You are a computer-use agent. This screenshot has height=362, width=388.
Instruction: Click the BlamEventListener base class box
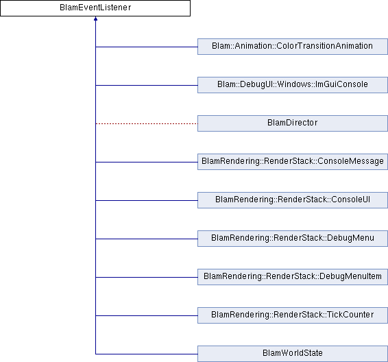[95, 8]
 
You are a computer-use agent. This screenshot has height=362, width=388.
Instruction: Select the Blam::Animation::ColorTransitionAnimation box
[293, 47]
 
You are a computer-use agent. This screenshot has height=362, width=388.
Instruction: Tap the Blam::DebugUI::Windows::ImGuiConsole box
[293, 85]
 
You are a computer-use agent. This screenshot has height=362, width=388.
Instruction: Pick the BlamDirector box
[293, 123]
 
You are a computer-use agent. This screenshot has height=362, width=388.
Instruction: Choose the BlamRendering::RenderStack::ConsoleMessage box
[293, 162]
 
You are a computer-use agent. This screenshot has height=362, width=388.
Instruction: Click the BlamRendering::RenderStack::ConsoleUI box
[293, 200]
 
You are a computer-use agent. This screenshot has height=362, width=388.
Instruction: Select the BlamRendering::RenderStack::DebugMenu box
[293, 239]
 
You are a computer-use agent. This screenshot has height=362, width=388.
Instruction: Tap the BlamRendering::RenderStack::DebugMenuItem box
[293, 277]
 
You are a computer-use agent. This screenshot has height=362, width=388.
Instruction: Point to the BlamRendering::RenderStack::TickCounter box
[293, 315]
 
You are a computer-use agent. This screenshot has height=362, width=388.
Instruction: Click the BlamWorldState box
[293, 354]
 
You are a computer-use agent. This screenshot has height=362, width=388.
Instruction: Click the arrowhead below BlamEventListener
[95, 19]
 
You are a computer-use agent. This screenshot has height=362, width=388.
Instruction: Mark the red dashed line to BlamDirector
[147, 123]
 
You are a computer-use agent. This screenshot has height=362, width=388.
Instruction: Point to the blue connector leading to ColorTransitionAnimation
[147, 47]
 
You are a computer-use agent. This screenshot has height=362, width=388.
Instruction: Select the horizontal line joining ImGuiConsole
[147, 86]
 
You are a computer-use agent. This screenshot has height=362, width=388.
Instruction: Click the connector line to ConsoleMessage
[147, 162]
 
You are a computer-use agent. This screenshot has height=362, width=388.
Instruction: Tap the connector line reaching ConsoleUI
[147, 200]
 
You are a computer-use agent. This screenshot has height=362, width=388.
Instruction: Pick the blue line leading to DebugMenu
[147, 239]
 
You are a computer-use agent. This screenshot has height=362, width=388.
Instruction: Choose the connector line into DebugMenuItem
[147, 277]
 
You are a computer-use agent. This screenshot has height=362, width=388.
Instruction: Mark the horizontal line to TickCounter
[147, 315]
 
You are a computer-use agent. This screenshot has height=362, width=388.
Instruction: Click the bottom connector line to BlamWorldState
[147, 354]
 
